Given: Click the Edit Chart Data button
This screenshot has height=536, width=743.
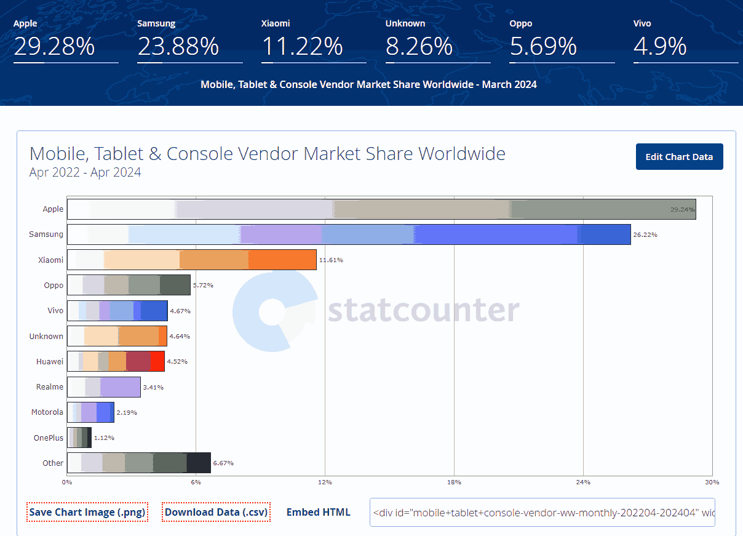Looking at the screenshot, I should tap(679, 157).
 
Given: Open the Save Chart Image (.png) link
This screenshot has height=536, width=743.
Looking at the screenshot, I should tap(87, 512).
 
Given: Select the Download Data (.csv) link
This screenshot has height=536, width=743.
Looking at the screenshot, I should tap(216, 512).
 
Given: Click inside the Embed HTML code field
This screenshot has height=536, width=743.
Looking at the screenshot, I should tap(542, 513).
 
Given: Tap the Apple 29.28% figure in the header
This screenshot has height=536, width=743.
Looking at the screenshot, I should tap(54, 47).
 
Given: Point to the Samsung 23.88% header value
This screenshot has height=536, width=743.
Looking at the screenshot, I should tap(178, 47).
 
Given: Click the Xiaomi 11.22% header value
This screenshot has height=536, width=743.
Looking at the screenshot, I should tap(301, 47).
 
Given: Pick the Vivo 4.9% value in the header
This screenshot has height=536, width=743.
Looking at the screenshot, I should tap(659, 47).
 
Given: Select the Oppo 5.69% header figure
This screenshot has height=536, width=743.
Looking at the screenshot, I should tap(543, 47).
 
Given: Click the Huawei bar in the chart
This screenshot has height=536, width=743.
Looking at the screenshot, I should tap(116, 361).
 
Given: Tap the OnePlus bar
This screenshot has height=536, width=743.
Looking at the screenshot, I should tap(79, 438).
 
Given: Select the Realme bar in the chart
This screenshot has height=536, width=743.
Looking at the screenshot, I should tap(103, 387).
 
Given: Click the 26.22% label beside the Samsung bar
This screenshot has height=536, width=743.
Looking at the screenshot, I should tap(645, 235).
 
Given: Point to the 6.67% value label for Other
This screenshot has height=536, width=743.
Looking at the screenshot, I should tap(223, 463).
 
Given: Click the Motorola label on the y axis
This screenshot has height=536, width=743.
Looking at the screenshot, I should tap(47, 412).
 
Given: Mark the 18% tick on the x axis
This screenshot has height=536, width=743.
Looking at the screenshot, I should tap(454, 482).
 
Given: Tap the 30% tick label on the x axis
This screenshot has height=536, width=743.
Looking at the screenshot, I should tap(712, 482).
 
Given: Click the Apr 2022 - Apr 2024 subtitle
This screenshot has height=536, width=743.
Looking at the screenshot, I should tap(85, 173).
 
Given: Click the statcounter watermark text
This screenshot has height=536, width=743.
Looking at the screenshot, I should tap(423, 311).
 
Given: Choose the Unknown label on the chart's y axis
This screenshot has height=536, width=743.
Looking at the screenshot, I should tap(46, 336).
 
